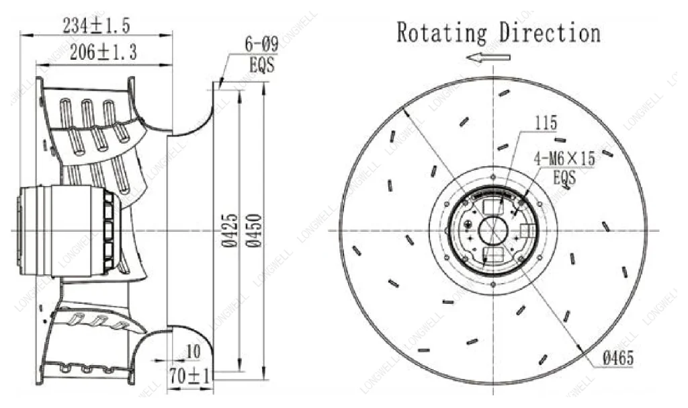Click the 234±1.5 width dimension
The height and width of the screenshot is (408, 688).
tap(96, 26)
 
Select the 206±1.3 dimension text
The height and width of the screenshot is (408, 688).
tap(103, 52)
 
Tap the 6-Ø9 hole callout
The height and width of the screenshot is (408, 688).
tap(261, 45)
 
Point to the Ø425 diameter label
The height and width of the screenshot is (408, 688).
tap(229, 231)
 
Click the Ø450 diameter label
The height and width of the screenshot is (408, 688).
tap(253, 231)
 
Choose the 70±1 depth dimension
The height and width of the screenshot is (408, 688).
tap(190, 376)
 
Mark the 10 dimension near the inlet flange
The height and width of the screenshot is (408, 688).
tap(193, 352)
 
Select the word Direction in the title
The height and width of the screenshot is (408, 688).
tap(550, 33)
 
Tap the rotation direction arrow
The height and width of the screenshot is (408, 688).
tap(488, 57)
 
